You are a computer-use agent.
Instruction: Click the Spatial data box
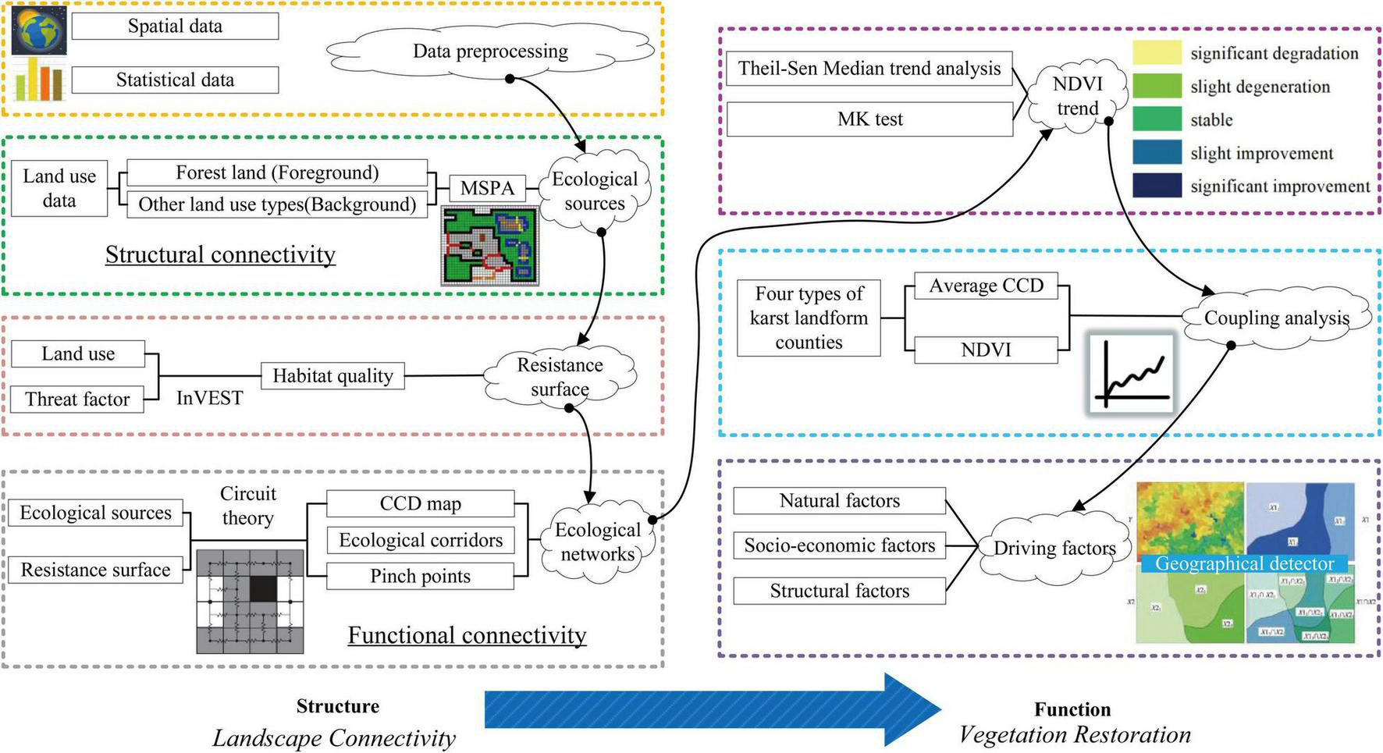[175, 26]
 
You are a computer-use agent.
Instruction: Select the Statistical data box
[175, 80]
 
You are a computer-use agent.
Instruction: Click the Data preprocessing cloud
[490, 52]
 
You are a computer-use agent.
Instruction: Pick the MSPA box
[487, 188]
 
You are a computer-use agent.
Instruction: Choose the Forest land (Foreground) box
[277, 172]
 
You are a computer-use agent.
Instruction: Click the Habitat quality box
[332, 375]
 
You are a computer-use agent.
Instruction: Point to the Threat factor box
[77, 400]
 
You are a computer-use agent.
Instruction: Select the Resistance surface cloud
[560, 377]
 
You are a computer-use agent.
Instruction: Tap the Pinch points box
[420, 577]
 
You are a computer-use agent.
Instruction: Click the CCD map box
[420, 504]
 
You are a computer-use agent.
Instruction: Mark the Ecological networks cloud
[598, 542]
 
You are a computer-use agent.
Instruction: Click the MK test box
[869, 119]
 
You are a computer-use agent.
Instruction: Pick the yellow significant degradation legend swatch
[1157, 52]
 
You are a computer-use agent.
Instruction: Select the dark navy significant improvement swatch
[1157, 186]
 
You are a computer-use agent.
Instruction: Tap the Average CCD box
[986, 286]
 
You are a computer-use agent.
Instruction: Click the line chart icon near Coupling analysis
[1131, 373]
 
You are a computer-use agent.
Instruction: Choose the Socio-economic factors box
[839, 545]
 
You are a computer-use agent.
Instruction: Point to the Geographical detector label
[1244, 563]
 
